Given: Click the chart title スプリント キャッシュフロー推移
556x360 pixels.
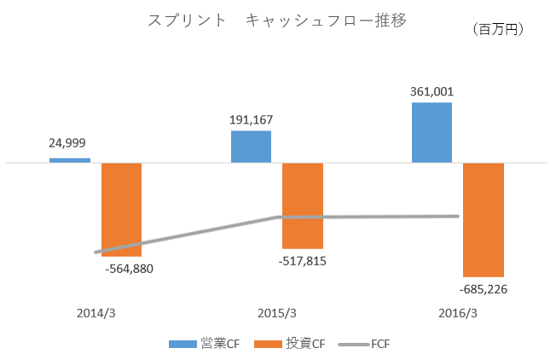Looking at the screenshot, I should [x=277, y=21].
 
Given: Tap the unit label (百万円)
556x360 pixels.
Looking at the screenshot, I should [x=497, y=30].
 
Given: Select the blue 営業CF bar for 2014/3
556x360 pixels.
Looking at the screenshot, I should [x=70, y=160].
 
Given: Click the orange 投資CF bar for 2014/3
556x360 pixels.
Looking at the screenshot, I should [x=122, y=209].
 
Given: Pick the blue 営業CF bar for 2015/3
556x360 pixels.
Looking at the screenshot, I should [x=252, y=147].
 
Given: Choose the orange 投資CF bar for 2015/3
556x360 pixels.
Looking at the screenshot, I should [x=303, y=206].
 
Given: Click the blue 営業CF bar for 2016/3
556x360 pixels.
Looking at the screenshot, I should [x=432, y=132].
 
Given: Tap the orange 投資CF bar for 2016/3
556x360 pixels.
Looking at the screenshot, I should [x=484, y=219].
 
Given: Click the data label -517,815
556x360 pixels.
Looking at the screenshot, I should [x=302, y=261].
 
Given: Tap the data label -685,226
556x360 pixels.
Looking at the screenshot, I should [x=484, y=289].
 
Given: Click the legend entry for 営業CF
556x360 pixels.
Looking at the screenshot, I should [x=204, y=344].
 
